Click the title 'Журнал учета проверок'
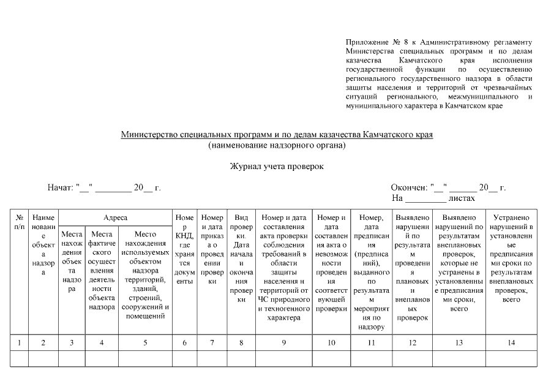[277, 167]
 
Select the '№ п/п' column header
[20, 222]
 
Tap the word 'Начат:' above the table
[60, 188]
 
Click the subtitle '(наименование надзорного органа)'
[277, 145]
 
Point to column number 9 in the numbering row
[283, 343]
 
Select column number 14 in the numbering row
[511, 343]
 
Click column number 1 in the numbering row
[20, 343]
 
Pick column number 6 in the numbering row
[185, 343]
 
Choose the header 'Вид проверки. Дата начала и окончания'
[241, 258]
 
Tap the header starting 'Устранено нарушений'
[511, 258]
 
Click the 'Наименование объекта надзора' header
[43, 246]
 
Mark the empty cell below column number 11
[372, 358]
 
